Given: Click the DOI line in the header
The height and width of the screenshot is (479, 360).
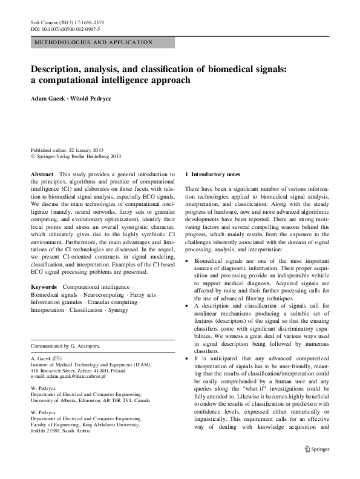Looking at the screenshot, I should pos(65,29).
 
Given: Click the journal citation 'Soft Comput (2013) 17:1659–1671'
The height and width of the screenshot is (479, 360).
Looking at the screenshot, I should pos(71,22).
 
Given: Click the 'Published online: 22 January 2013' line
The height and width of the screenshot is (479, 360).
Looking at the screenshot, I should pos(71,150).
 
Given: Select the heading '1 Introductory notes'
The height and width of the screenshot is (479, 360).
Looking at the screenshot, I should pos(216,174).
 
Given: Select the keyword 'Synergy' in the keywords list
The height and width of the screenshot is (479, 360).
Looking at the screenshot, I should pos(117,310).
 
